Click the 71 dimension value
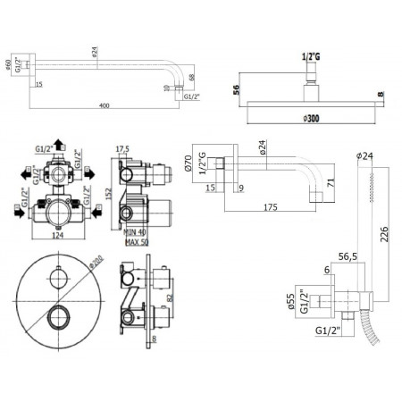pos(331,185)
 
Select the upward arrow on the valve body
pos(60,143)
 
